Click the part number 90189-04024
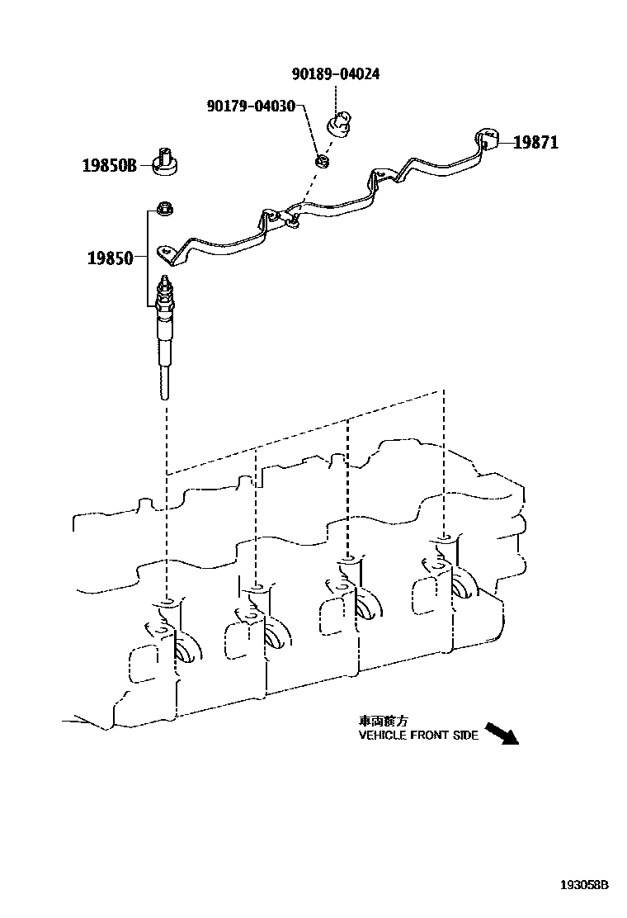pyautogui.click(x=335, y=74)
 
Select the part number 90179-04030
pyautogui.click(x=252, y=106)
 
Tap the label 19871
pyautogui.click(x=535, y=143)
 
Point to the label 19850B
pyautogui.click(x=108, y=165)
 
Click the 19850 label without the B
pyautogui.click(x=110, y=258)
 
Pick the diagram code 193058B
pyautogui.click(x=583, y=884)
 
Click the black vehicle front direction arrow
pyautogui.click(x=500, y=732)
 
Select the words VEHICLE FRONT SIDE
pyautogui.click(x=418, y=736)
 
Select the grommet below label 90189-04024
pyautogui.click(x=339, y=125)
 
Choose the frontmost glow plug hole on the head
pyautogui.click(x=444, y=538)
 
